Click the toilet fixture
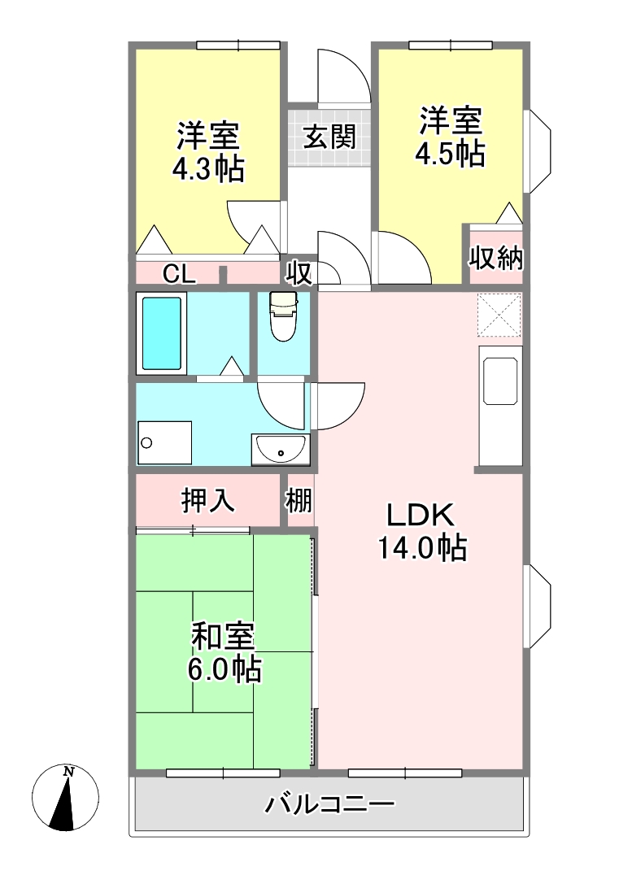coord(284,316)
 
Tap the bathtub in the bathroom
coord(161,333)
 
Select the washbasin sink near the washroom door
coord(280,449)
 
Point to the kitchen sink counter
coord(500,405)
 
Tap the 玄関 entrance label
coord(329,136)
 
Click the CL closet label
coord(179,274)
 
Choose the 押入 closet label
coord(207,500)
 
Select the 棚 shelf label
coord(299,500)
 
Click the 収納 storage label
coord(495,258)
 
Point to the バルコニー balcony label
coord(329,804)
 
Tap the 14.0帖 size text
coord(422,548)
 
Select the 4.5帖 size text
coord(450,154)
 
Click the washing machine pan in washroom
coord(164,442)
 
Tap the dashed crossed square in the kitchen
coord(499,315)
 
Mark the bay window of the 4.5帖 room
coord(538,151)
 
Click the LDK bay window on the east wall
coord(538,607)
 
